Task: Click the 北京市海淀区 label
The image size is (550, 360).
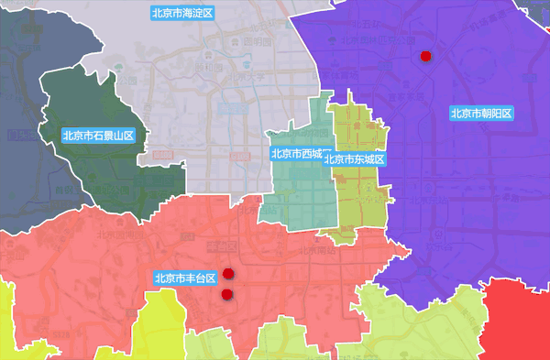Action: pos(182,14)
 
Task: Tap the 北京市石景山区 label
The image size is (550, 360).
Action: pos(98,135)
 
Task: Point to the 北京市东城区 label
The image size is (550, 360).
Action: pos(354,159)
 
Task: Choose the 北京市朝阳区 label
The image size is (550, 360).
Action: pos(481,114)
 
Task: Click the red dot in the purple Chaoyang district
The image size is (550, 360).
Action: pos(425,57)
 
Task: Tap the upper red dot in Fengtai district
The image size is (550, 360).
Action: pos(228,274)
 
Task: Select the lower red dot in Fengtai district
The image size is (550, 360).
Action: pos(226,294)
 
